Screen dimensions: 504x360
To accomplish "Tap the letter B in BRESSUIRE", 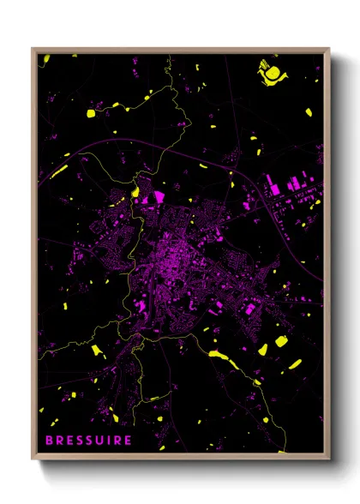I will (49, 441).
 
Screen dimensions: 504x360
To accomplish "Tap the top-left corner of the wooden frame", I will (33, 49).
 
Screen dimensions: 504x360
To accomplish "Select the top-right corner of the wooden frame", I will (329, 49).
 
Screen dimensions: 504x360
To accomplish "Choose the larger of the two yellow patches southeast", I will (280, 344).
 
